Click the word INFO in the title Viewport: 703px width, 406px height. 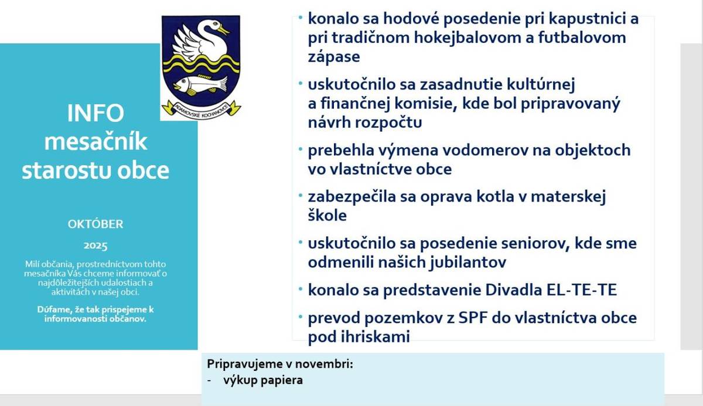[95, 114]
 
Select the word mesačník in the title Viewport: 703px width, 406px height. [95, 142]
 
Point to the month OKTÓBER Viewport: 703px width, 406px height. [95, 224]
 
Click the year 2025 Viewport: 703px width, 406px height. [95, 245]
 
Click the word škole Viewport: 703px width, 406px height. [327, 215]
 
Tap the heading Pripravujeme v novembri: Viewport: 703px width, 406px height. [280, 364]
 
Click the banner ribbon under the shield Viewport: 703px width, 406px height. [201, 108]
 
